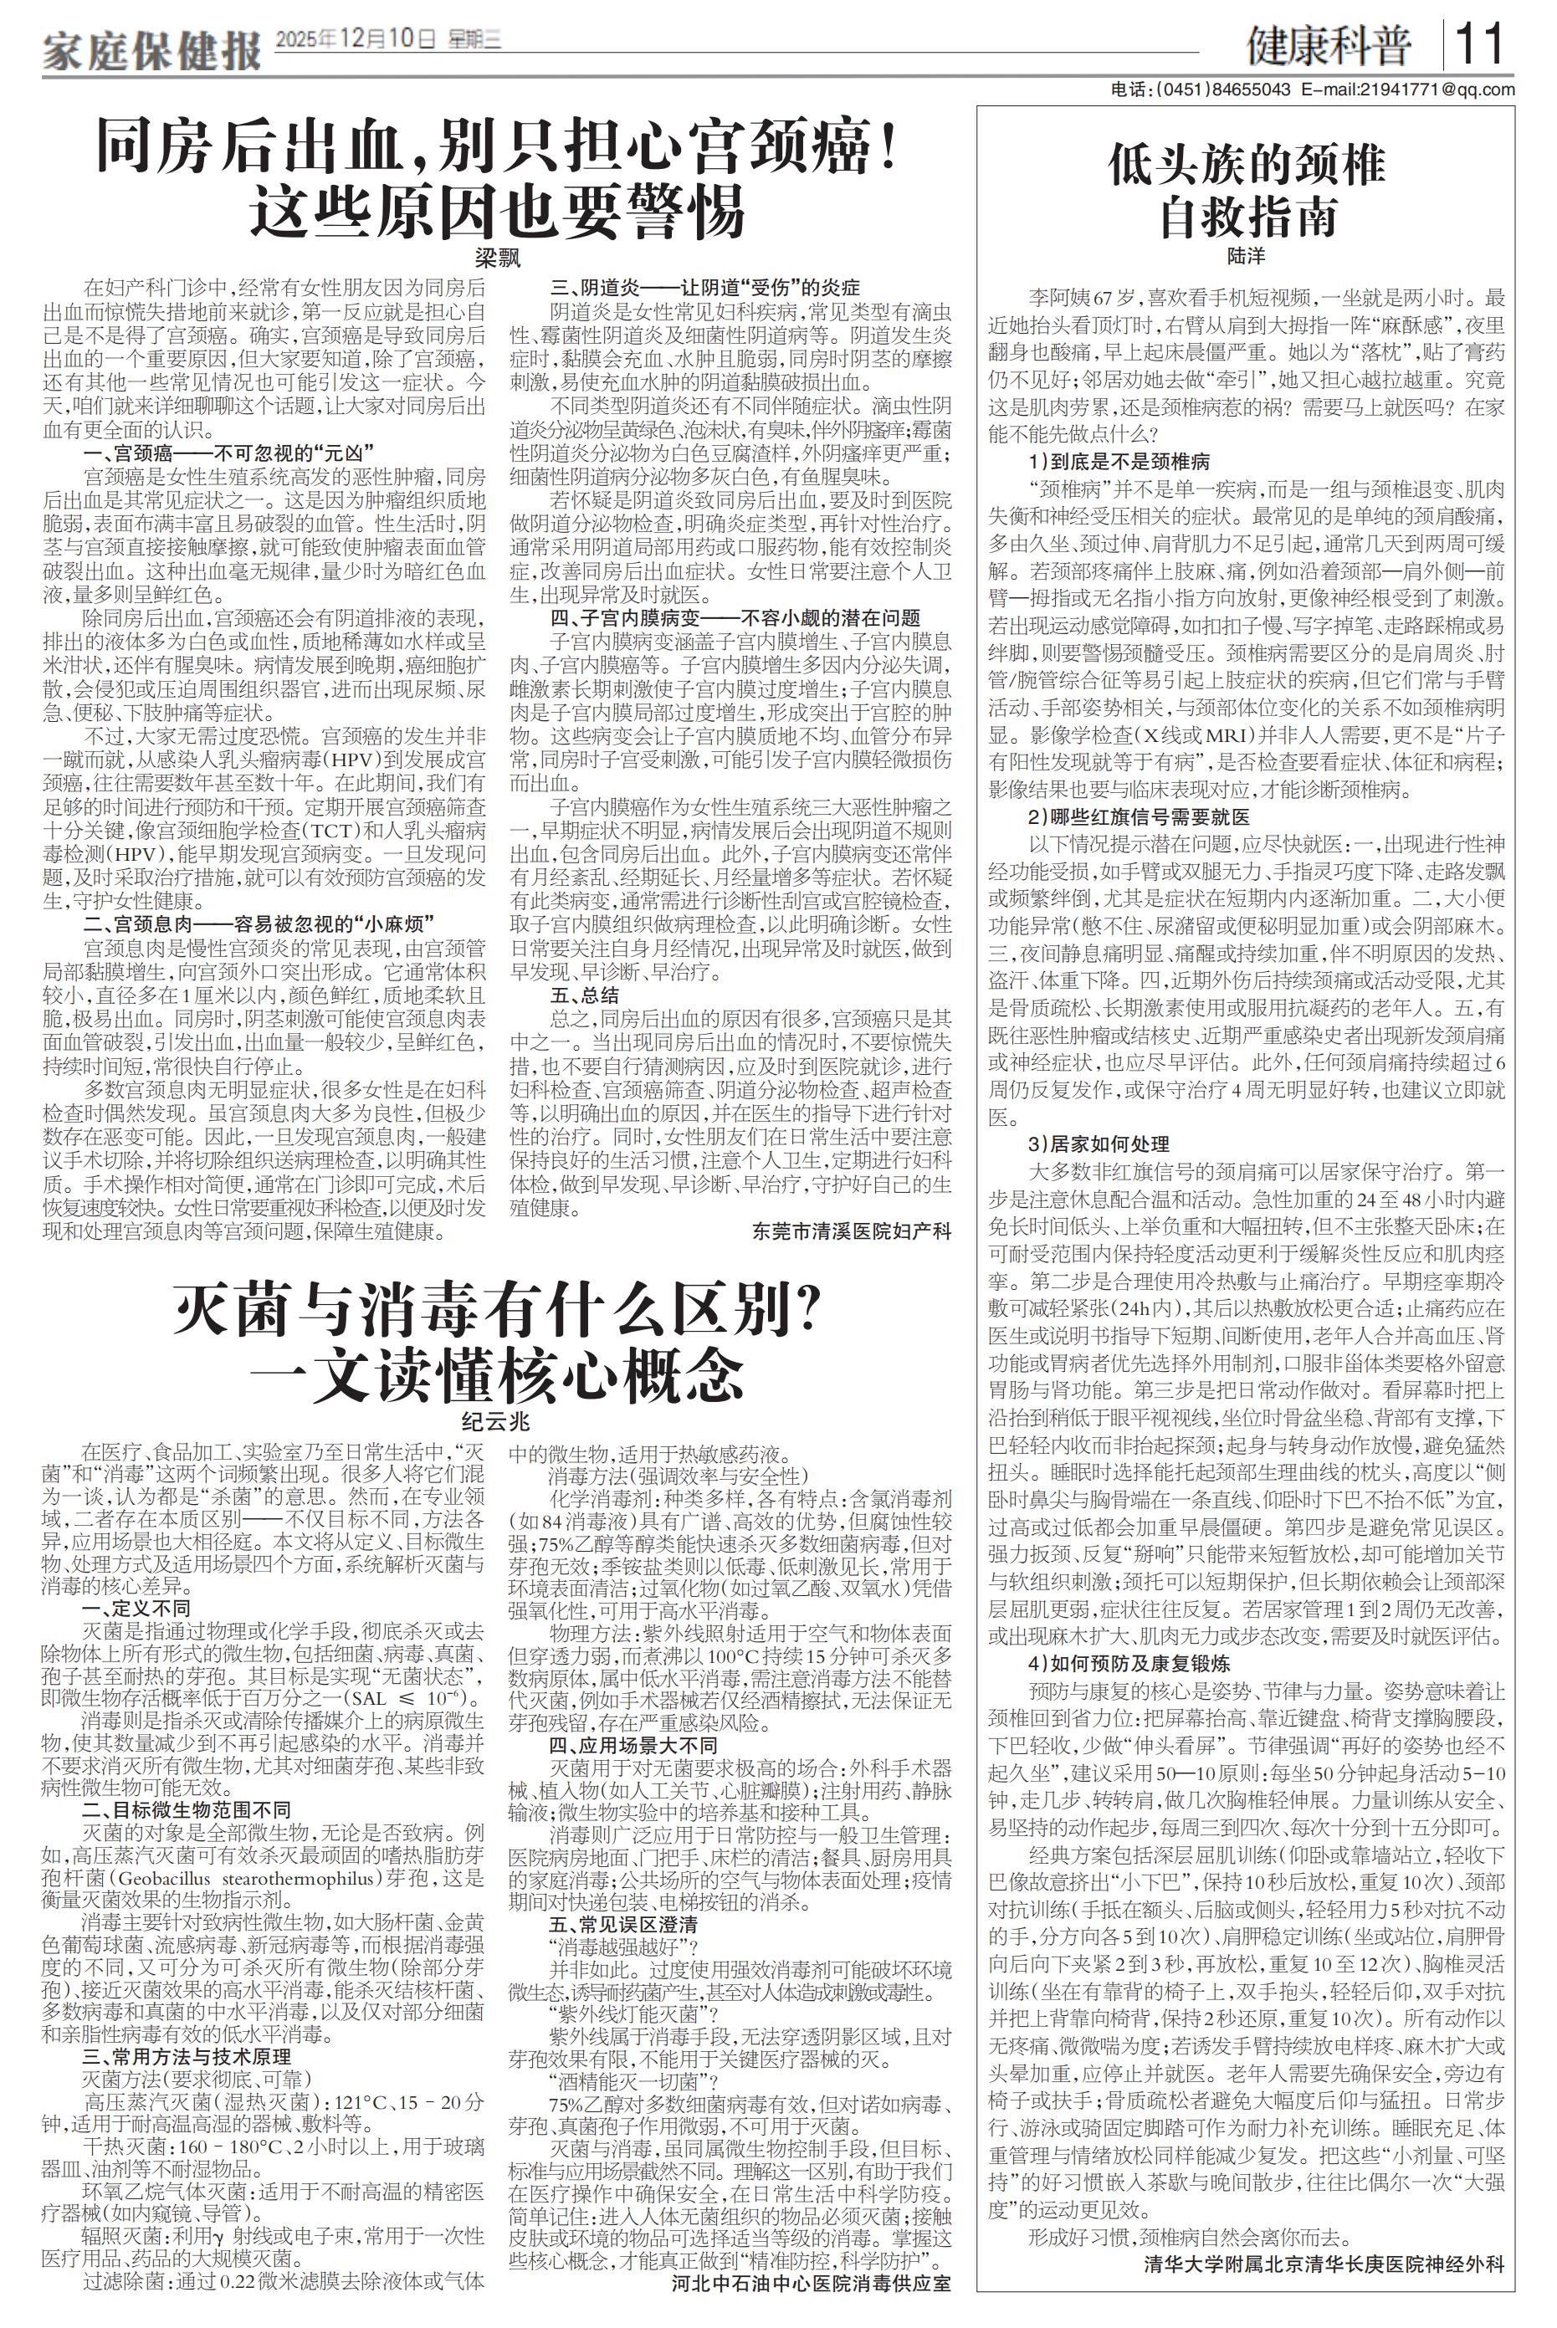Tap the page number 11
[x=1478, y=44]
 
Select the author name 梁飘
[x=496, y=258]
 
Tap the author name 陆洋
[x=1247, y=255]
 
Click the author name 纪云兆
[x=496, y=1421]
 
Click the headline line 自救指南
[x=1247, y=217]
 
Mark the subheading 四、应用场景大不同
[x=633, y=1745]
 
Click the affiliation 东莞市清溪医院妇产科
[x=851, y=1232]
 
